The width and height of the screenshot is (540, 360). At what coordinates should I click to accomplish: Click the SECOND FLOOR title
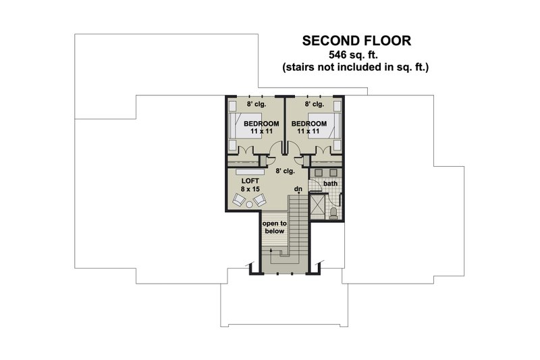356,41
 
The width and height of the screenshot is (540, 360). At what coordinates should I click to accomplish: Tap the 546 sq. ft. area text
354,55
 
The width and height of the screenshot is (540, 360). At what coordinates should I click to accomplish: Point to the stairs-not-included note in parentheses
356,67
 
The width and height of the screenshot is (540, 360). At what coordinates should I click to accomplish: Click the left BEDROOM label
261,124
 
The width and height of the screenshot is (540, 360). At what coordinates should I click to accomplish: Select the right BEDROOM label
309,124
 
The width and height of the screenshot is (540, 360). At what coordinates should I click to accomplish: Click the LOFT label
250,181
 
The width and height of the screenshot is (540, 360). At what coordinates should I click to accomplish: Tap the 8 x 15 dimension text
250,189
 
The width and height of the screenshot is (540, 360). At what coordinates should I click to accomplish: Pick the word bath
330,184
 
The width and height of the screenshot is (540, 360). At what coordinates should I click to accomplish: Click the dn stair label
298,189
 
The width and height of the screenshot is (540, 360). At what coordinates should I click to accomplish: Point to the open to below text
275,228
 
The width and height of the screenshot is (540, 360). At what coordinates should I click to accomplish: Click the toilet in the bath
333,213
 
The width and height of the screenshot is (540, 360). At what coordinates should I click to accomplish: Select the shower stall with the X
317,207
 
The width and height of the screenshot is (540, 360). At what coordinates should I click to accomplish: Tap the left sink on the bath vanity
319,173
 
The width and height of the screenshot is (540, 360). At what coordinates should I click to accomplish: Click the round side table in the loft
249,205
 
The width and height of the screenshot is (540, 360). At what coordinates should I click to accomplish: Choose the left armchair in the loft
239,199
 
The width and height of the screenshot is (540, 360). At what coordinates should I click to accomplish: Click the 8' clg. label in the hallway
285,171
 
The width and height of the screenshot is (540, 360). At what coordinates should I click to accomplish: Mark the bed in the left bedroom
245,126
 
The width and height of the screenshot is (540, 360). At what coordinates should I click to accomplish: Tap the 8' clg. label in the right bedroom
314,104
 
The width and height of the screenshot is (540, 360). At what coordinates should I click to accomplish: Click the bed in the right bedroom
325,126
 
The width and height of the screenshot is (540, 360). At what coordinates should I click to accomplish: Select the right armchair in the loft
260,199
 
